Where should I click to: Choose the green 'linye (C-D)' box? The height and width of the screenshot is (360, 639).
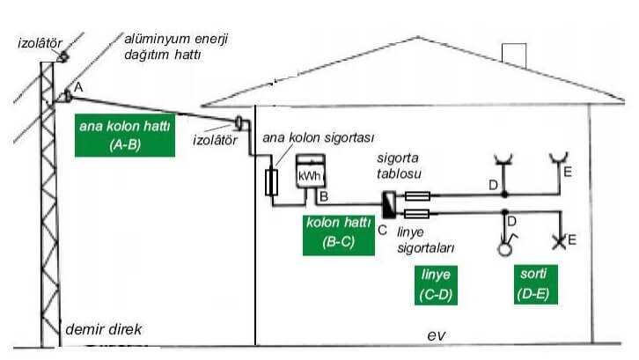pyautogui.click(x=435, y=286)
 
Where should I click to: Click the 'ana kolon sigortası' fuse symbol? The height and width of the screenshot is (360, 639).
pyautogui.click(x=273, y=182)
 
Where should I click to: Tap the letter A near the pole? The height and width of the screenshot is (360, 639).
pyautogui.click(x=78, y=87)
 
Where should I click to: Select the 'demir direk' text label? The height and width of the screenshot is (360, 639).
pyautogui.click(x=104, y=330)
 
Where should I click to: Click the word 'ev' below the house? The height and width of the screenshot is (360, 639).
pyautogui.click(x=437, y=336)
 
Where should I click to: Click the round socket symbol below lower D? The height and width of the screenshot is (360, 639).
pyautogui.click(x=504, y=248)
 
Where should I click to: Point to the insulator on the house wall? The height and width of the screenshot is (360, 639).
pyautogui.click(x=239, y=121)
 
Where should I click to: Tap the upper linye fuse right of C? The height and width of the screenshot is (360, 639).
pyautogui.click(x=416, y=196)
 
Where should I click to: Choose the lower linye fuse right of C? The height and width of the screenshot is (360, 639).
pyautogui.click(x=416, y=213)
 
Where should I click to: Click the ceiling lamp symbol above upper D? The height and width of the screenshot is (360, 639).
pyautogui.click(x=504, y=159)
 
